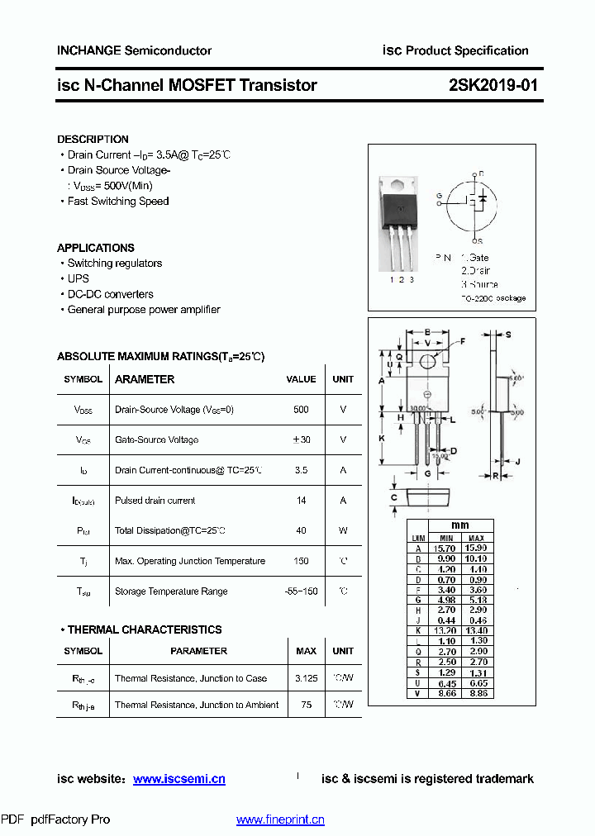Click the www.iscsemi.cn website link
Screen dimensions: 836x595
point(178,779)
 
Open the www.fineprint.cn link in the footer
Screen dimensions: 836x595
point(280,819)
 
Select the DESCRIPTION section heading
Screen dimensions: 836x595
point(93,140)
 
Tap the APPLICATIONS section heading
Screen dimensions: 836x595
point(95,248)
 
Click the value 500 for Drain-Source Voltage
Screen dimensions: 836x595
point(301,410)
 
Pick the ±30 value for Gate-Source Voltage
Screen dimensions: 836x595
point(301,440)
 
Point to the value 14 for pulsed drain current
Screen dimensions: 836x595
point(301,501)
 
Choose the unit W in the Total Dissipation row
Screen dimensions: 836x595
point(343,531)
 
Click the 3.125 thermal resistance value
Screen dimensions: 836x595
point(306,678)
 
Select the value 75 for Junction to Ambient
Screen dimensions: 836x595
point(306,705)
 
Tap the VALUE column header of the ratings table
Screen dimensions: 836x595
point(301,379)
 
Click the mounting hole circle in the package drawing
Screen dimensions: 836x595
point(428,362)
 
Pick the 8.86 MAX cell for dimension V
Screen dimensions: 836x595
point(476,693)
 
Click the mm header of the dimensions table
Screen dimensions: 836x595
point(460,525)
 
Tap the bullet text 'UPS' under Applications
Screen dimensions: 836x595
point(79,278)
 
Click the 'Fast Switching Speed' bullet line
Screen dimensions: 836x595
point(117,202)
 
